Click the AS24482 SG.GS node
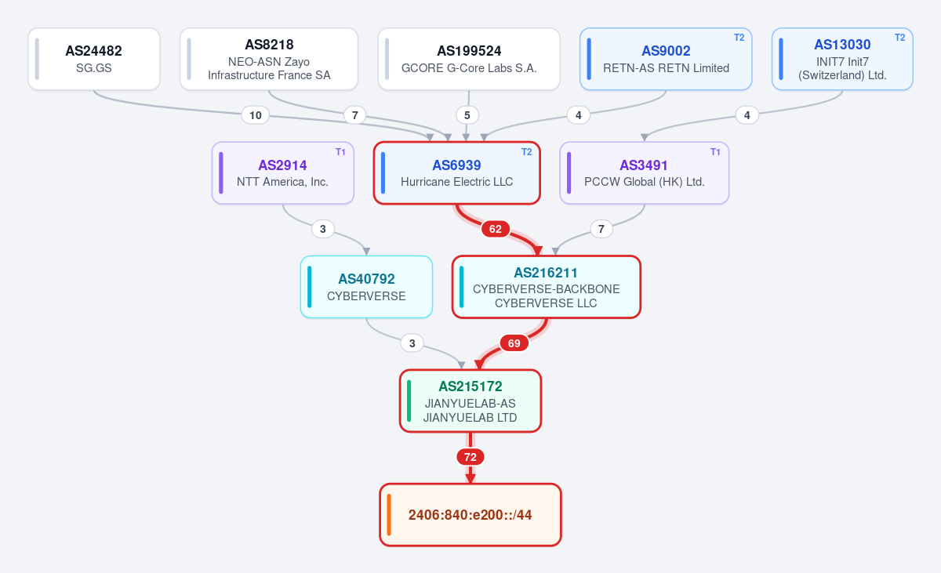coord(93,59)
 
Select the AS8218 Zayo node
coord(269,59)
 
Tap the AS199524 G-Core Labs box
coord(469,59)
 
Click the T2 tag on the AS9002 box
coord(739,38)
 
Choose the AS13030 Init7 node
coord(842,59)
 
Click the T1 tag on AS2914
coord(340,151)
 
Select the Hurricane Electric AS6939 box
coord(456,173)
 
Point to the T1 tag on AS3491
coord(715,151)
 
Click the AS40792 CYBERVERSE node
coord(366,287)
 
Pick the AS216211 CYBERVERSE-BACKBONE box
coord(546,287)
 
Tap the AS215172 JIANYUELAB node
coord(470,401)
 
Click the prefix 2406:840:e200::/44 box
coord(470,515)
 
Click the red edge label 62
coord(496,229)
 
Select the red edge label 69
coord(514,343)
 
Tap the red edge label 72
coord(470,457)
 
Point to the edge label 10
coord(256,115)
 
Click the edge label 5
coord(467,115)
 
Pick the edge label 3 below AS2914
coord(322,229)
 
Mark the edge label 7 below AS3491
coord(601,229)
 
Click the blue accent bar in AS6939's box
coord(383,173)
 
